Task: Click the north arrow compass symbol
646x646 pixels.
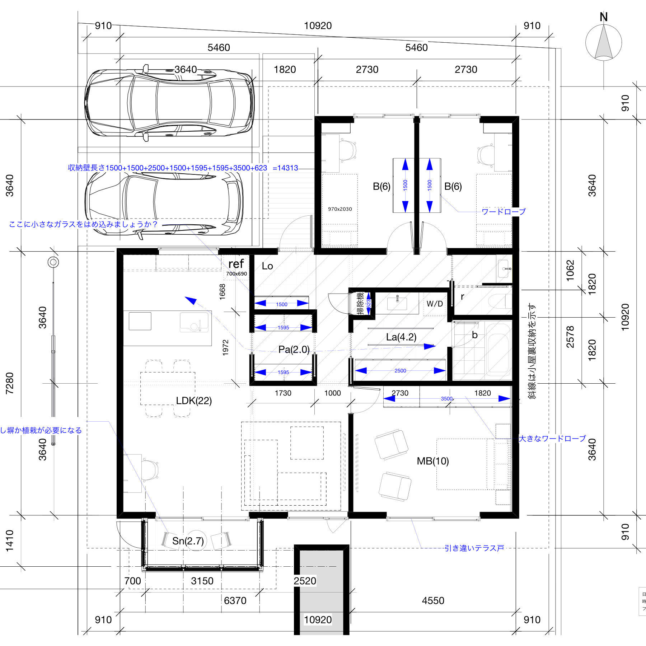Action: click(603, 41)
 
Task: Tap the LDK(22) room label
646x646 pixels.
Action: click(193, 401)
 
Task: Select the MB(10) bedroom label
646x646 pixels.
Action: click(433, 461)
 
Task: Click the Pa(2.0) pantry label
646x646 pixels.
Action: click(294, 350)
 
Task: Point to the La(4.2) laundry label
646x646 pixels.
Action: click(401, 337)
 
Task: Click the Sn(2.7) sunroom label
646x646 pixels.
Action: click(188, 541)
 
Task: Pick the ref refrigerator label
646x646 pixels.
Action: click(236, 264)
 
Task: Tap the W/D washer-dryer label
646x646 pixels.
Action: click(435, 304)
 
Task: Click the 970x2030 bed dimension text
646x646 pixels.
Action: click(340, 209)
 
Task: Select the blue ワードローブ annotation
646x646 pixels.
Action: click(503, 212)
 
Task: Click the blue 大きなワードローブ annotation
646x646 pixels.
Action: click(552, 439)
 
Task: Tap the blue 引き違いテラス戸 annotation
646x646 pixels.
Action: click(474, 548)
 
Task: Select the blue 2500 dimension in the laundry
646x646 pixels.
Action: click(400, 371)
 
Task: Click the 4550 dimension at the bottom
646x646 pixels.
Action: click(433, 600)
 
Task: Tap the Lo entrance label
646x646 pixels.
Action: click(267, 266)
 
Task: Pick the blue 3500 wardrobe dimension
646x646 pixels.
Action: click(446, 399)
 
